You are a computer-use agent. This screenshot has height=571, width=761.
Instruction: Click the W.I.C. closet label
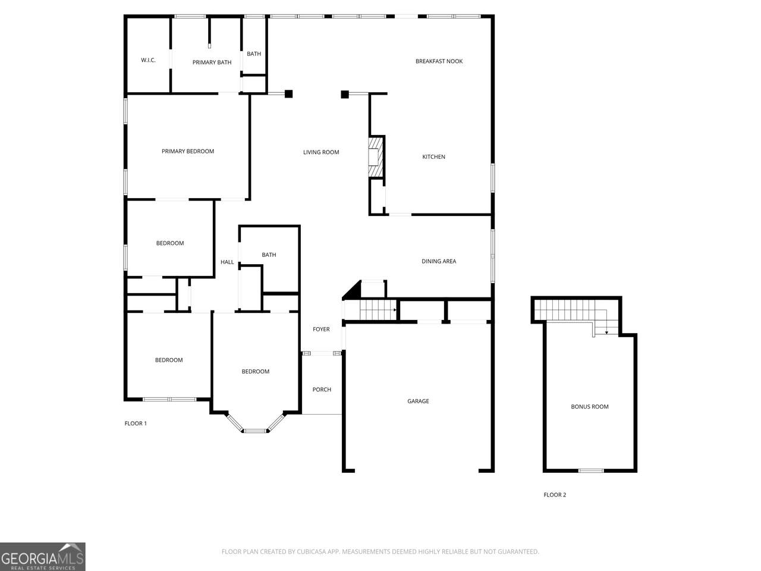point(148,60)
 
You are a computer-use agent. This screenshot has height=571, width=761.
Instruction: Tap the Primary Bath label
point(212,62)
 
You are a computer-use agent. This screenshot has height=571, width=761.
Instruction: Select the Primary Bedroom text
point(187,151)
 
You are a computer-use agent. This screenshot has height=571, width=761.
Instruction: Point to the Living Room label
point(321,152)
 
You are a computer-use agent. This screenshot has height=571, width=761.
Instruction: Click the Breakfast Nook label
point(439,61)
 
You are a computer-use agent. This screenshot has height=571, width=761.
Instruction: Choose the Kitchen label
point(433,156)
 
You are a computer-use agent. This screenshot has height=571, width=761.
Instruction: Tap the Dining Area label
point(439,261)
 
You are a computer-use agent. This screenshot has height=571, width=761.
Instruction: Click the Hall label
point(227,262)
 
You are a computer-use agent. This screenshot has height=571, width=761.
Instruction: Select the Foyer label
point(321,329)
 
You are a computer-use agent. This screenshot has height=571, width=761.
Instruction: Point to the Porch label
point(322,390)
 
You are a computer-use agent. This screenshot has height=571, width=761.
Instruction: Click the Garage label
point(418,401)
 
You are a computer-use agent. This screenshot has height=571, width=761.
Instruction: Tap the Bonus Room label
point(589,407)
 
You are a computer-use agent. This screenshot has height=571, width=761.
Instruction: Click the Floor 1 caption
point(136,423)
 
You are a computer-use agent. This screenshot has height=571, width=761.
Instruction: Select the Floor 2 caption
point(555,495)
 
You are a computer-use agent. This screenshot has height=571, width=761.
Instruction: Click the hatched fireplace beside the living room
point(376,157)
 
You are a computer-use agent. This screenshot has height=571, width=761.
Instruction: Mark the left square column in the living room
point(288,93)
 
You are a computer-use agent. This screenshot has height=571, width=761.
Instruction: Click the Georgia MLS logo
point(43,557)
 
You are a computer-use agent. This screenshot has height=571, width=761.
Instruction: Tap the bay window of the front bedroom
point(255,423)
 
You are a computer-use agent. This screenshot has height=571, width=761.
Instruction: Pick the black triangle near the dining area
point(353,290)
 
